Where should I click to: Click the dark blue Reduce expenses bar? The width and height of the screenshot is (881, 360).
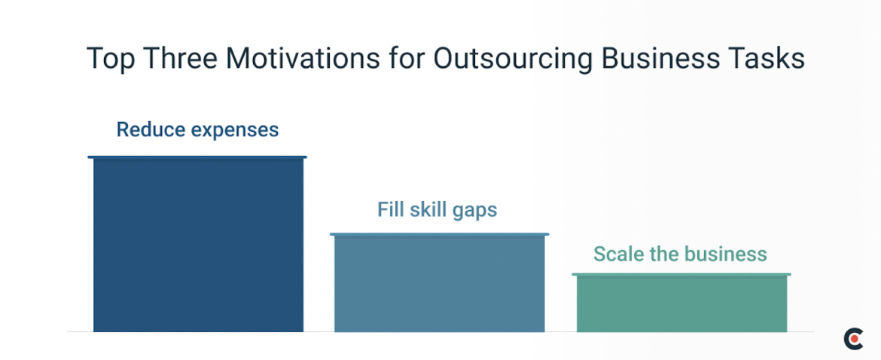coord(198,245)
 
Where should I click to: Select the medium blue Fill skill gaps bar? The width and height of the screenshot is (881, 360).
coord(439,284)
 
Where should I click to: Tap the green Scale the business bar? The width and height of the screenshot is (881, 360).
coord(681,304)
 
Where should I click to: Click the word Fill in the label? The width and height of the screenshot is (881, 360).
coord(390,209)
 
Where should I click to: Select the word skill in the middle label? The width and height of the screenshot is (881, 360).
coord(428,209)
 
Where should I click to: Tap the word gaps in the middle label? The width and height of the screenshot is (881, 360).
coord(474,210)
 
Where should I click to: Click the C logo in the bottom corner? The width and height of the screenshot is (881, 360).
coord(852,339)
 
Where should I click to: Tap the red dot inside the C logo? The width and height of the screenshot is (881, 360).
coord(855,339)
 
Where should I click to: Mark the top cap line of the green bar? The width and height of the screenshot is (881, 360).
coord(681,274)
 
